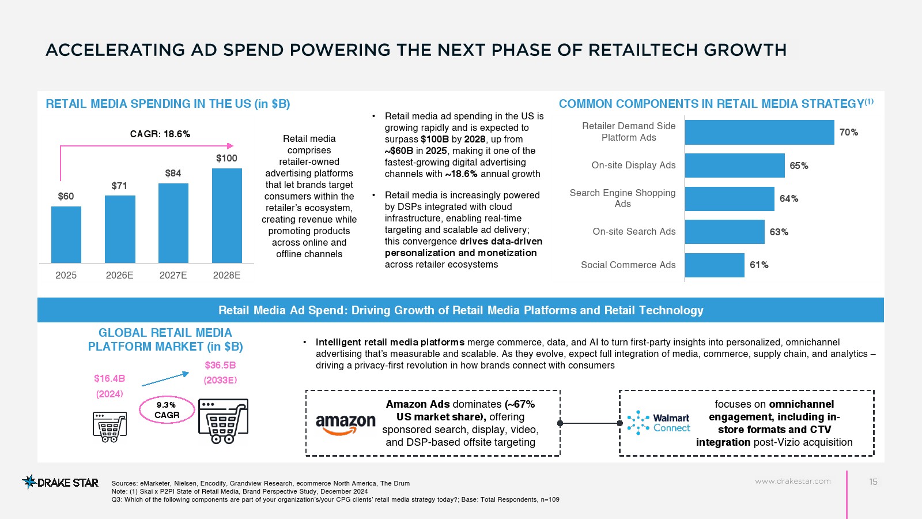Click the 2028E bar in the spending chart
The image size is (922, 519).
[x=226, y=216]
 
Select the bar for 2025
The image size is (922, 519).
[x=66, y=235]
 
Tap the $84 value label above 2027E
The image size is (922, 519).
[x=173, y=173]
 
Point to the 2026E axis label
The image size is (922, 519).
[x=119, y=275]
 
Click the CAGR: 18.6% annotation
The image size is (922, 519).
[x=160, y=134]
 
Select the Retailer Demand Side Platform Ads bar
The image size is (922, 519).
[x=759, y=132]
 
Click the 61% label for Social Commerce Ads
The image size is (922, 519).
[x=759, y=265]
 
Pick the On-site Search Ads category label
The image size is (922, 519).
[x=634, y=231]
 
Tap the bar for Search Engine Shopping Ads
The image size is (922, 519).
[x=729, y=198]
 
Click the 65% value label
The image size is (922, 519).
[x=799, y=166]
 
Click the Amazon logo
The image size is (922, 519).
[x=345, y=424]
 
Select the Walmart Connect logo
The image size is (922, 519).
[x=658, y=423]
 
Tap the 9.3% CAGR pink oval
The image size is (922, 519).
[x=167, y=409]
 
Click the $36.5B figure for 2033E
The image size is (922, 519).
[x=220, y=365]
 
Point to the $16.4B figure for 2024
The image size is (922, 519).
[x=109, y=378]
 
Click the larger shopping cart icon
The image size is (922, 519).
[x=223, y=420]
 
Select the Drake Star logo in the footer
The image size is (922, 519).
[x=60, y=482]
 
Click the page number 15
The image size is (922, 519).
[x=873, y=482]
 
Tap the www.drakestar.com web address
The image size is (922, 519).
[x=792, y=481]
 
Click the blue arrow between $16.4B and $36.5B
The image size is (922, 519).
[x=165, y=379]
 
